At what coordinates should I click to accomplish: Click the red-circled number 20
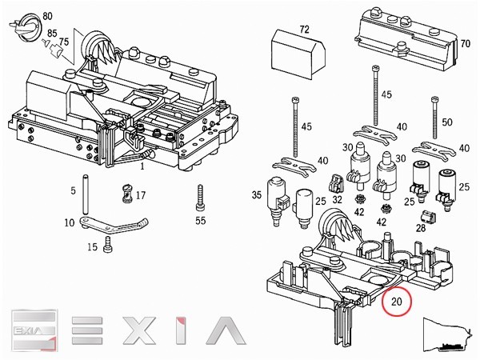[397, 302]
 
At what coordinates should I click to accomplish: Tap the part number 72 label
[304, 30]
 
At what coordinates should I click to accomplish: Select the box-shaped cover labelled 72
[298, 54]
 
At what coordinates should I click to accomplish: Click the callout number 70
[465, 44]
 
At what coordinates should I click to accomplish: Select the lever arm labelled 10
[114, 224]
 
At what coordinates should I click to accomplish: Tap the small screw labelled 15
[108, 244]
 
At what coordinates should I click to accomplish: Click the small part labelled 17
[126, 193]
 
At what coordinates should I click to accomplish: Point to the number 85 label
[52, 33]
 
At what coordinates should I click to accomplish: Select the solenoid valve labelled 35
[277, 202]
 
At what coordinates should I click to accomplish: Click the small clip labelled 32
[336, 182]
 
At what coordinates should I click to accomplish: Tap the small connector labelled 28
[428, 218]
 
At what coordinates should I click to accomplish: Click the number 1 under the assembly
[142, 166]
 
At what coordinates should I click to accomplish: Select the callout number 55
[201, 221]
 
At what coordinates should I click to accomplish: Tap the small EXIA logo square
[34, 330]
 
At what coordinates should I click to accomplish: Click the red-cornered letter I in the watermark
[182, 330]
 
